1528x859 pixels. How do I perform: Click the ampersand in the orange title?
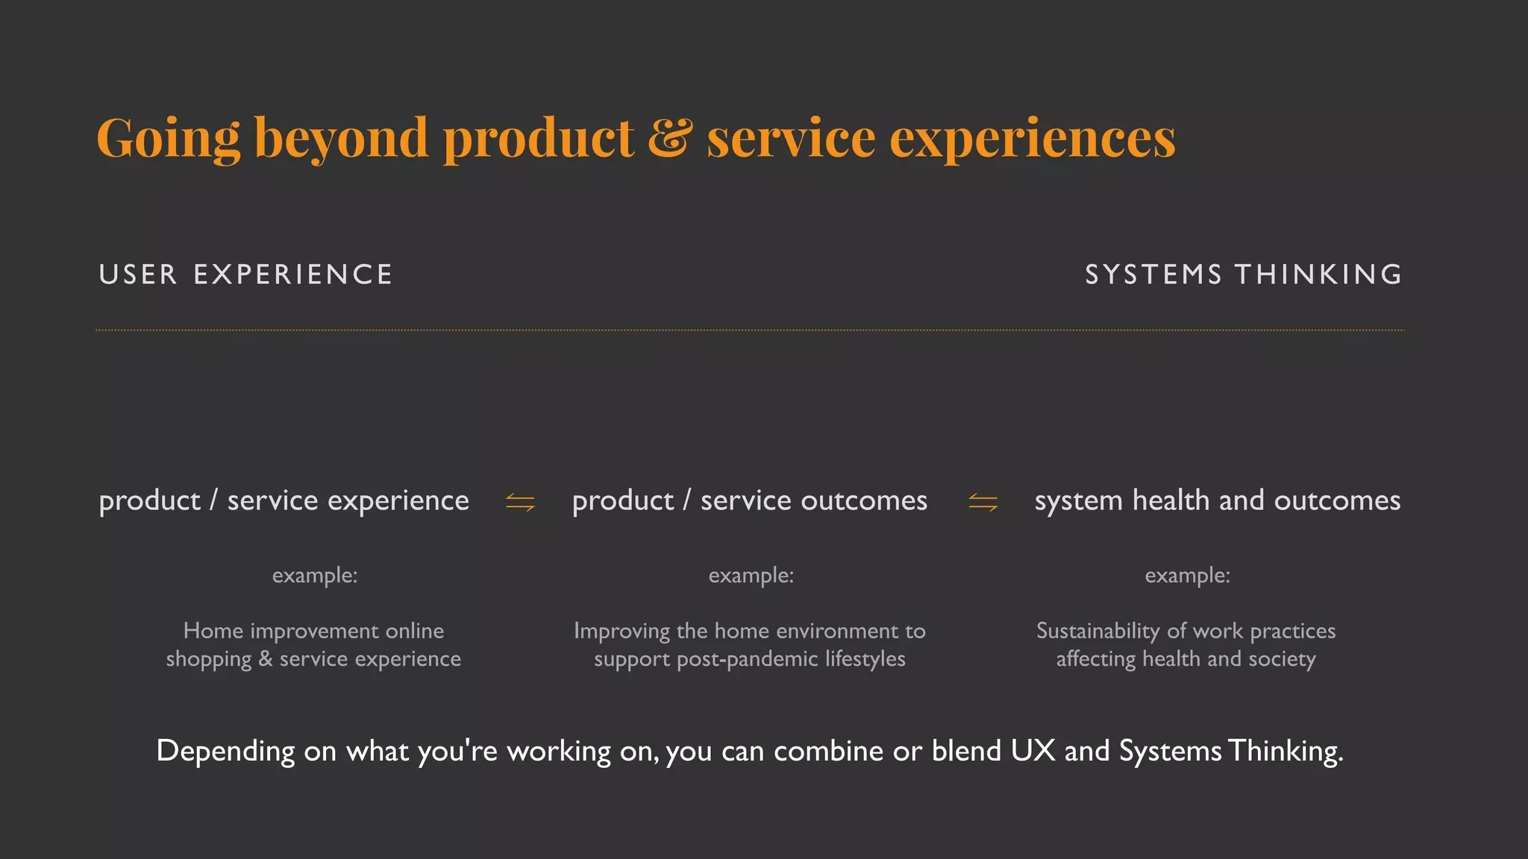point(669,138)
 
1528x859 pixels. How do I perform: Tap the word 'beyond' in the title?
point(341,139)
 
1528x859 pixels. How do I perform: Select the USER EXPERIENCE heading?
point(245,274)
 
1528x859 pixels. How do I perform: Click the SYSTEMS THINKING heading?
point(1243,274)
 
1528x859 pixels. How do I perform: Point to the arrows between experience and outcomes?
point(520,503)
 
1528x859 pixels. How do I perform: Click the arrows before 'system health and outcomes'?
point(983,503)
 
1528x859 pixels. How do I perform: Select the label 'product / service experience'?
point(284,500)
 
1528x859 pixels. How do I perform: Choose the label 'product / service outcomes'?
point(749,500)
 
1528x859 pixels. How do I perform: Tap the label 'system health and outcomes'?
point(1217,500)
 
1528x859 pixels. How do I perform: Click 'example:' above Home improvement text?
point(315,575)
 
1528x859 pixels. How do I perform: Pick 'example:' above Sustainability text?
point(1187,575)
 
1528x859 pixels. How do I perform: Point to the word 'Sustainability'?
point(1098,632)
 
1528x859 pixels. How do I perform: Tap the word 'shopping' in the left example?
point(208,660)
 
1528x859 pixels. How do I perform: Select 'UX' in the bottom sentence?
point(1033,750)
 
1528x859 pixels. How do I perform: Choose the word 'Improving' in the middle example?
point(621,632)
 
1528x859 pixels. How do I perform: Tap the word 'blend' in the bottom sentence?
point(966,750)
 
